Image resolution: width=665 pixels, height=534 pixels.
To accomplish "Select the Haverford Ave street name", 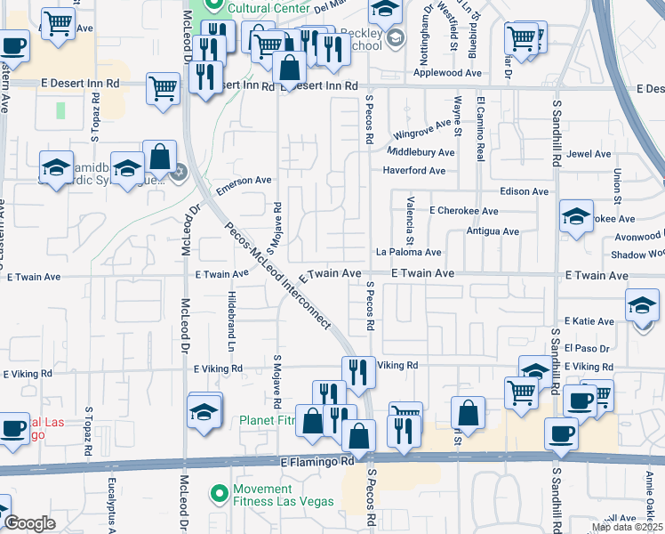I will coord(413,171).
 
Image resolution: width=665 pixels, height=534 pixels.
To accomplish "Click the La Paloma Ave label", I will coord(408,253).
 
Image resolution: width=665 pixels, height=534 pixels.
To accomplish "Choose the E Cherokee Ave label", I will coord(463,211).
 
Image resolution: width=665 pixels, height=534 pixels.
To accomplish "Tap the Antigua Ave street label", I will coord(493,231).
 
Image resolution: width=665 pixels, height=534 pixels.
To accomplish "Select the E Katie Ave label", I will coord(589,321).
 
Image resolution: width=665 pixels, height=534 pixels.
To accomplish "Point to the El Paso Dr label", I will coord(587,348).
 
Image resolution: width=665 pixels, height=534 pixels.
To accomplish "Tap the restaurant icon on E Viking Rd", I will coord(358,371).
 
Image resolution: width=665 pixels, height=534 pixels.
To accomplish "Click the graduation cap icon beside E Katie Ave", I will coord(642,307).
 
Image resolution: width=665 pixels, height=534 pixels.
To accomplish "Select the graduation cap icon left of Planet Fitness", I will coord(204,412).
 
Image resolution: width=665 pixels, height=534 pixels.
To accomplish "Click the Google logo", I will coord(30,523).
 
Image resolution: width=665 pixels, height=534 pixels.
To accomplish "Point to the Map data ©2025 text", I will coord(626,528).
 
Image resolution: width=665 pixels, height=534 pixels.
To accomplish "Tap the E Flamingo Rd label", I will coord(317,462).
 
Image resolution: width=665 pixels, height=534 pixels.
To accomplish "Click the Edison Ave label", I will coord(525,191).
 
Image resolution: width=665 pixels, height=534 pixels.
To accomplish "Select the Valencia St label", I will coord(411,222).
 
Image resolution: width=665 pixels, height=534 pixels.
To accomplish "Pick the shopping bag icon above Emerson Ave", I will coord(160,157).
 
